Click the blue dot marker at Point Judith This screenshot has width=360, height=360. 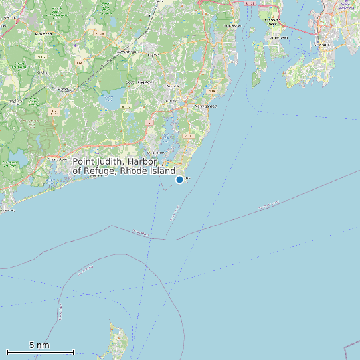[179, 179]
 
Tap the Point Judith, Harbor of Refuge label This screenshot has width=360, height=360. [124, 166]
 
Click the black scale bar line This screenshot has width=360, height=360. [40, 351]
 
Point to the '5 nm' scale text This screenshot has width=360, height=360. [39, 345]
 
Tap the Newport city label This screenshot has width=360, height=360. [323, 45]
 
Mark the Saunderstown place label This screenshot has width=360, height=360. [233, 25]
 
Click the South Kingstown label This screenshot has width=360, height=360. [139, 82]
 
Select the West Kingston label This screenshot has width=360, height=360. [63, 88]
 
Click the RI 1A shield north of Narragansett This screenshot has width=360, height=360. [211, 91]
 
